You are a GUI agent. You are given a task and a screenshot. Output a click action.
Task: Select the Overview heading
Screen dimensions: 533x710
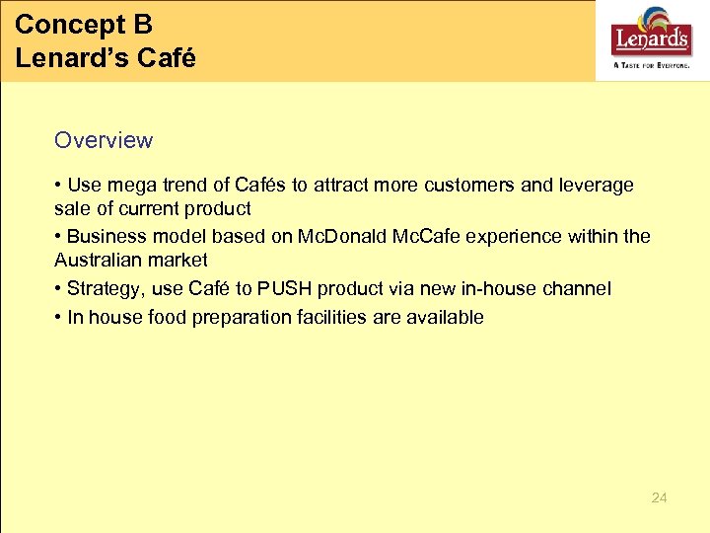(104, 140)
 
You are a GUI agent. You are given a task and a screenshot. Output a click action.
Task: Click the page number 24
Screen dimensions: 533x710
(659, 497)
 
